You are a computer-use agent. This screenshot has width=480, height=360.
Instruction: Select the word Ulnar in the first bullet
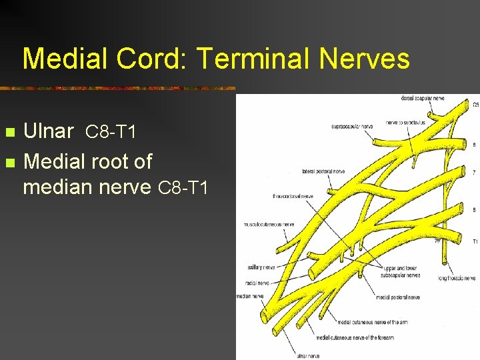(48, 131)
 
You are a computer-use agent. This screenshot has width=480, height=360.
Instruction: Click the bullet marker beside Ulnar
(9, 132)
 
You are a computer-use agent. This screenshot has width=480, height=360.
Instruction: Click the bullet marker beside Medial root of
(9, 162)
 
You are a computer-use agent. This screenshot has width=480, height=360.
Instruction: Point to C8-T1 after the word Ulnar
(111, 133)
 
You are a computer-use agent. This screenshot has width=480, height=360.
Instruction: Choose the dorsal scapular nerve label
(422, 99)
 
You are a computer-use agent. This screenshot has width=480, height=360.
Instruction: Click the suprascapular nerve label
(352, 126)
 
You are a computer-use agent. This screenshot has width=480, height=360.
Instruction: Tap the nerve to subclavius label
(407, 123)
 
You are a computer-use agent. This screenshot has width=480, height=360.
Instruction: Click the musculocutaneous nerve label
(268, 224)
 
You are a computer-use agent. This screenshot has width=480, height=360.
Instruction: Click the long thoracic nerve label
(456, 277)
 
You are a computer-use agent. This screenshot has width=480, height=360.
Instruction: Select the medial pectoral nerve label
(398, 297)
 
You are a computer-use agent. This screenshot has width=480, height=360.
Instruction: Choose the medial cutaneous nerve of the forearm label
(355, 337)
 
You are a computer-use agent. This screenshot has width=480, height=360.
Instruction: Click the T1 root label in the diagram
(475, 241)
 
